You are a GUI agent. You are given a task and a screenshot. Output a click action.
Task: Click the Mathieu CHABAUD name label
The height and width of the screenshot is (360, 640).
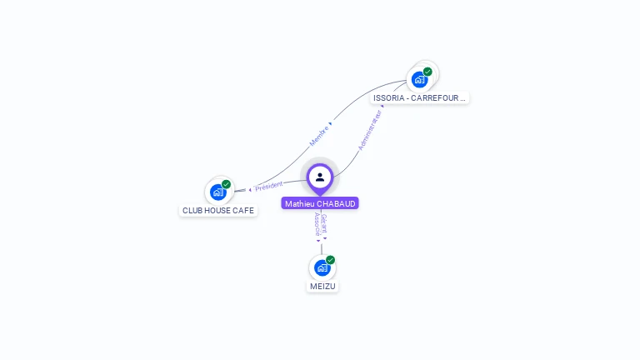(320, 203)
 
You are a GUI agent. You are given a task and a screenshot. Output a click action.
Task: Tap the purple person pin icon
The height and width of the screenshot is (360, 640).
(320, 177)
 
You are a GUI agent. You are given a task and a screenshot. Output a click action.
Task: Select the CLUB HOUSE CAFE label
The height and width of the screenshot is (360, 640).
(218, 211)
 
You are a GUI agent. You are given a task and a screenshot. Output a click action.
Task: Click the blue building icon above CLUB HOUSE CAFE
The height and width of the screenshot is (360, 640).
(217, 192)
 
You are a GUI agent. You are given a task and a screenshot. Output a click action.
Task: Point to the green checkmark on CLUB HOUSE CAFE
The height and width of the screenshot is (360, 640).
(226, 184)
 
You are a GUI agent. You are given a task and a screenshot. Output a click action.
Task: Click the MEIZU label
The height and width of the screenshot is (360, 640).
(322, 286)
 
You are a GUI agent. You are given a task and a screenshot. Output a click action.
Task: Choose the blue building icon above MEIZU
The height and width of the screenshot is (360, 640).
(322, 267)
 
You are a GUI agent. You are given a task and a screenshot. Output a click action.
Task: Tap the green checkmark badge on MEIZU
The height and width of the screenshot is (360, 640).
(330, 260)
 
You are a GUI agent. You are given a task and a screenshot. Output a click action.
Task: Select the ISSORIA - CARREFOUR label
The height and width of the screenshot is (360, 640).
(419, 98)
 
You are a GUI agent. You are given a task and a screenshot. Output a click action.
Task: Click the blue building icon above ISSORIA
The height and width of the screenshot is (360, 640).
(419, 80)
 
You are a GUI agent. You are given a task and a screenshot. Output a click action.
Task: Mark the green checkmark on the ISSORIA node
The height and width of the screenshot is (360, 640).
(427, 72)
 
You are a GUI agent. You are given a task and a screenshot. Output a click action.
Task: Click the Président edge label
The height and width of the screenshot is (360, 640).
(269, 185)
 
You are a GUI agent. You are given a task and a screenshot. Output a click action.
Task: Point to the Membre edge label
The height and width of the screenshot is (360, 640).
(319, 135)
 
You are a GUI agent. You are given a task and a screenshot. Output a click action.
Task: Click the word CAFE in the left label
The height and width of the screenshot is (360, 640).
(243, 211)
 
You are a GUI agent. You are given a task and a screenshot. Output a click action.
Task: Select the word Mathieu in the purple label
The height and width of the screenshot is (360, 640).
(300, 203)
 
